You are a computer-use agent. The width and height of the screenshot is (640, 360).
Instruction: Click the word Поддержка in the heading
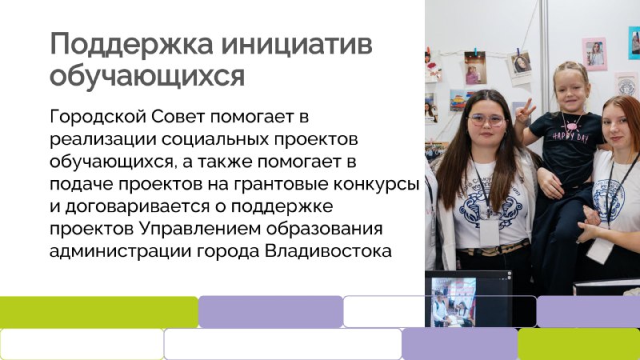click(x=131, y=44)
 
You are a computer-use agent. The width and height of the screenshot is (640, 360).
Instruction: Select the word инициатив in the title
click(x=297, y=44)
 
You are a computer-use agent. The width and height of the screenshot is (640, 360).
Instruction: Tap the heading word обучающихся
click(x=147, y=76)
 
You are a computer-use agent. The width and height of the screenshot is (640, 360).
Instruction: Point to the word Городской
click(x=98, y=117)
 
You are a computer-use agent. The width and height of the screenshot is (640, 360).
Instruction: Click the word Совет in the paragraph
click(x=178, y=117)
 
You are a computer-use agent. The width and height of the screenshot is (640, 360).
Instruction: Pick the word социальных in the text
click(x=215, y=139)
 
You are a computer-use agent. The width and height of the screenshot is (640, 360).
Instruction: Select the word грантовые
click(x=281, y=185)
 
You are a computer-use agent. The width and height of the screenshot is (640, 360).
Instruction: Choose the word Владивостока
click(x=328, y=251)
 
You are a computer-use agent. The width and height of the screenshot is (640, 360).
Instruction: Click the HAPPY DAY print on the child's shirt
click(x=570, y=135)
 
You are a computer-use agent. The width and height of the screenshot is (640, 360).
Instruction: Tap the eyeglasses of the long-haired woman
click(x=486, y=119)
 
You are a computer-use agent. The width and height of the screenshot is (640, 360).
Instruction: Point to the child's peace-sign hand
click(x=524, y=111)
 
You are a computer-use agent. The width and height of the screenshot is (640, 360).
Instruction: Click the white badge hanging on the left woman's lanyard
click(x=490, y=232)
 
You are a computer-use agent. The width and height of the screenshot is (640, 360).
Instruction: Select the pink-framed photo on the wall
click(x=594, y=54)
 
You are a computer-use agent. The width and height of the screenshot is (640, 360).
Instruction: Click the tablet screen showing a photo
click(x=454, y=302)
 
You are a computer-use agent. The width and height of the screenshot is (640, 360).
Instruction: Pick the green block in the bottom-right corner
click(x=578, y=344)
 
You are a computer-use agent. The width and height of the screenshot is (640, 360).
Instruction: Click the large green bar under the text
click(x=99, y=312)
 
